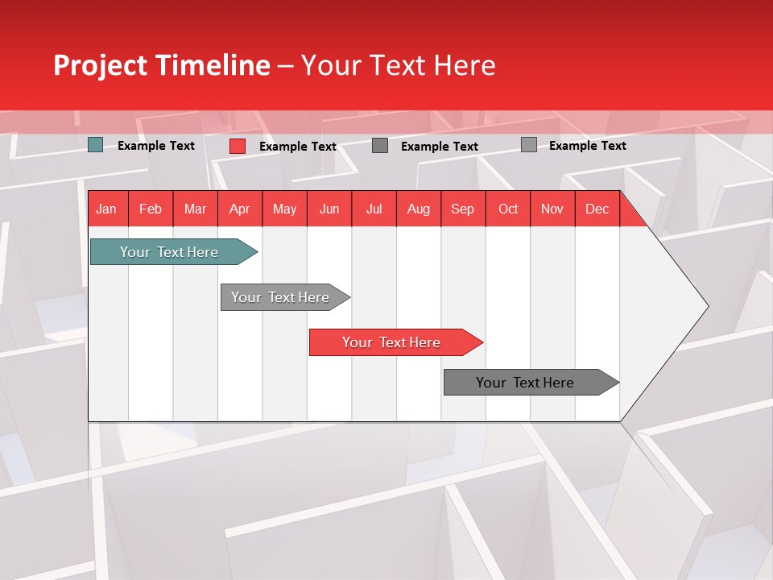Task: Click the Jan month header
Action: click(x=106, y=209)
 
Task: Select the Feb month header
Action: click(x=151, y=209)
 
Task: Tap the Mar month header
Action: click(x=195, y=209)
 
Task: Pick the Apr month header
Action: click(x=240, y=209)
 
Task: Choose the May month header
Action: click(x=284, y=209)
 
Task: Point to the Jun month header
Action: click(x=329, y=209)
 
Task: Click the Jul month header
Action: click(x=374, y=209)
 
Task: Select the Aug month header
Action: click(x=419, y=209)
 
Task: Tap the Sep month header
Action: click(x=463, y=209)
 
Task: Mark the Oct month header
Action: click(x=508, y=209)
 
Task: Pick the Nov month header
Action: click(x=552, y=209)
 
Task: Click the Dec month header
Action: click(x=597, y=209)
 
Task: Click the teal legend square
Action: click(x=96, y=145)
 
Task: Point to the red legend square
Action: click(x=238, y=146)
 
